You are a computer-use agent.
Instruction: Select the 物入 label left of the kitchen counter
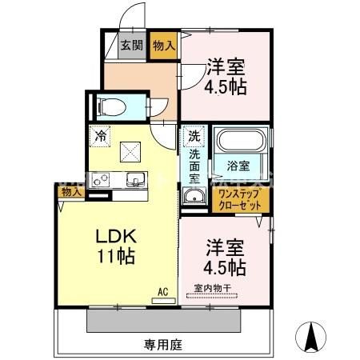(x=70, y=193)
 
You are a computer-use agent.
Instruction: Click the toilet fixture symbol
(x=108, y=106)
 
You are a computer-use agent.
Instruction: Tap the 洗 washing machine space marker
(x=194, y=136)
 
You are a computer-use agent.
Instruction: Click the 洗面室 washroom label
(x=194, y=163)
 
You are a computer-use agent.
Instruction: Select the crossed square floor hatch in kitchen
(x=130, y=150)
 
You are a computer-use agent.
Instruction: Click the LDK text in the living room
(x=116, y=238)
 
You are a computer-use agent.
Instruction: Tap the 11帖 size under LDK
(x=116, y=258)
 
